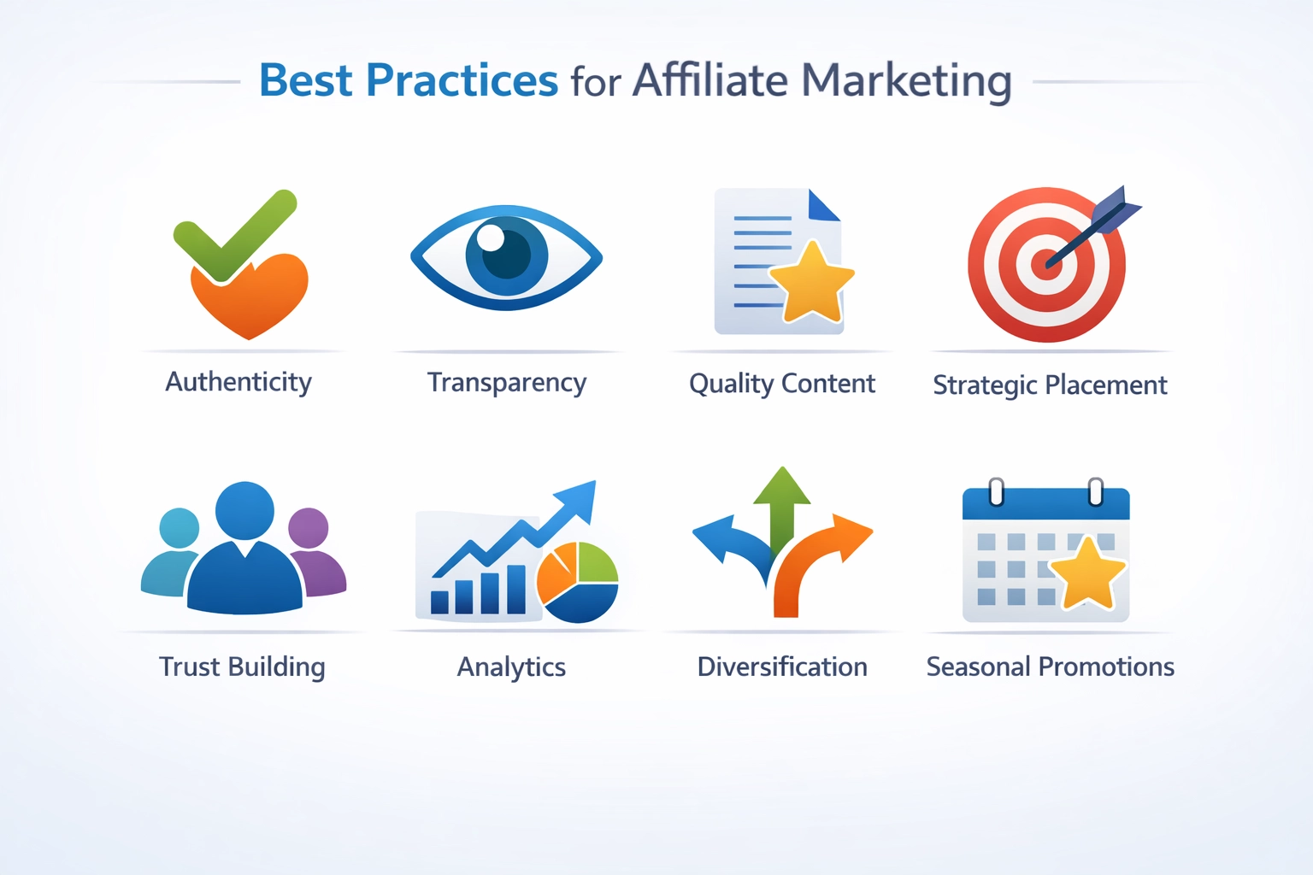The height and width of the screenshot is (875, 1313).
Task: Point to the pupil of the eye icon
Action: point(506,254)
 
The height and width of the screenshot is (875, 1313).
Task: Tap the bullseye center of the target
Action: point(1045,263)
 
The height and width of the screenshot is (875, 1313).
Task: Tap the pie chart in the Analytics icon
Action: point(578,582)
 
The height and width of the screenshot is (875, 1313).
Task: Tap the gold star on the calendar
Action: point(1087,573)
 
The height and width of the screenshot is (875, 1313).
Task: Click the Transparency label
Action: point(507,383)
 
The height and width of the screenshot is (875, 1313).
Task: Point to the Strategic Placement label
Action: point(1050,385)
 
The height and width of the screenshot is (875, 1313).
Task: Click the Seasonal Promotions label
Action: point(1050,667)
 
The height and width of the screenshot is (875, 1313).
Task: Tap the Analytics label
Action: point(511,667)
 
